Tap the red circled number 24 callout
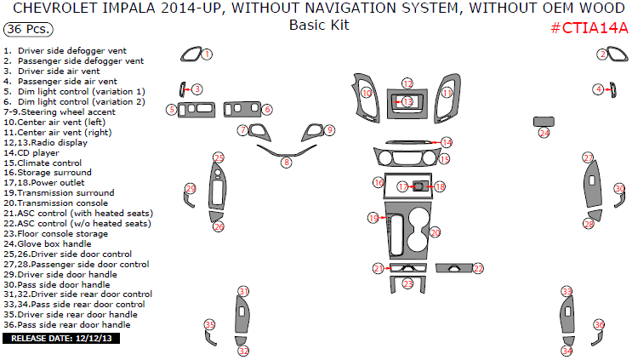pos(544,133)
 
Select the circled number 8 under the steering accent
pos(287,162)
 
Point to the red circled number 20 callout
pos(436,231)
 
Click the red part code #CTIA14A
pos(589,28)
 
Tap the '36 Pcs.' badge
pos(28,29)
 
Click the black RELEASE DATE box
pos(61,338)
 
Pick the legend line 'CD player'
pos(47,152)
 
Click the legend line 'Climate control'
pos(55,163)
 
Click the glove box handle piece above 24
pos(544,120)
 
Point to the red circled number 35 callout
pos(209,324)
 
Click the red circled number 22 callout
pos(478,269)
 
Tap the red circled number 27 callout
pos(588,158)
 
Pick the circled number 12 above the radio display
pos(407,83)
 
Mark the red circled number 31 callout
pos(243,292)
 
